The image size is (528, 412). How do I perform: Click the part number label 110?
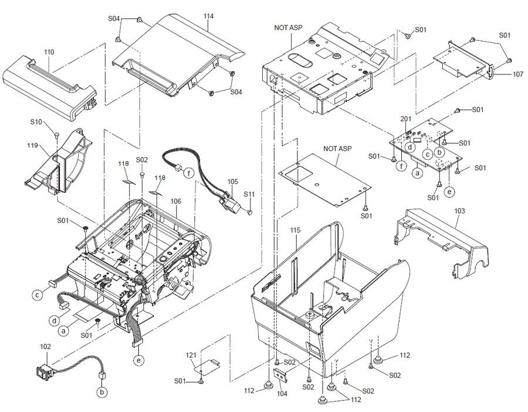[x=49, y=52]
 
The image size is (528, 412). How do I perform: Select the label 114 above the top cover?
[x=208, y=16]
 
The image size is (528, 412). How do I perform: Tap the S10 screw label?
[x=36, y=123]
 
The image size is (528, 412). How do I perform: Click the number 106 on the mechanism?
[x=176, y=201]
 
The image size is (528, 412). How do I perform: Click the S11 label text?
[x=249, y=194]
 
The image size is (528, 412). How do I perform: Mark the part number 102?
[x=46, y=347]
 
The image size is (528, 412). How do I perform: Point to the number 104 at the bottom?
[x=282, y=393]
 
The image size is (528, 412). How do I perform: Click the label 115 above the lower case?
[x=295, y=231]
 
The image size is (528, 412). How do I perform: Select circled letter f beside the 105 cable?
[x=188, y=173]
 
